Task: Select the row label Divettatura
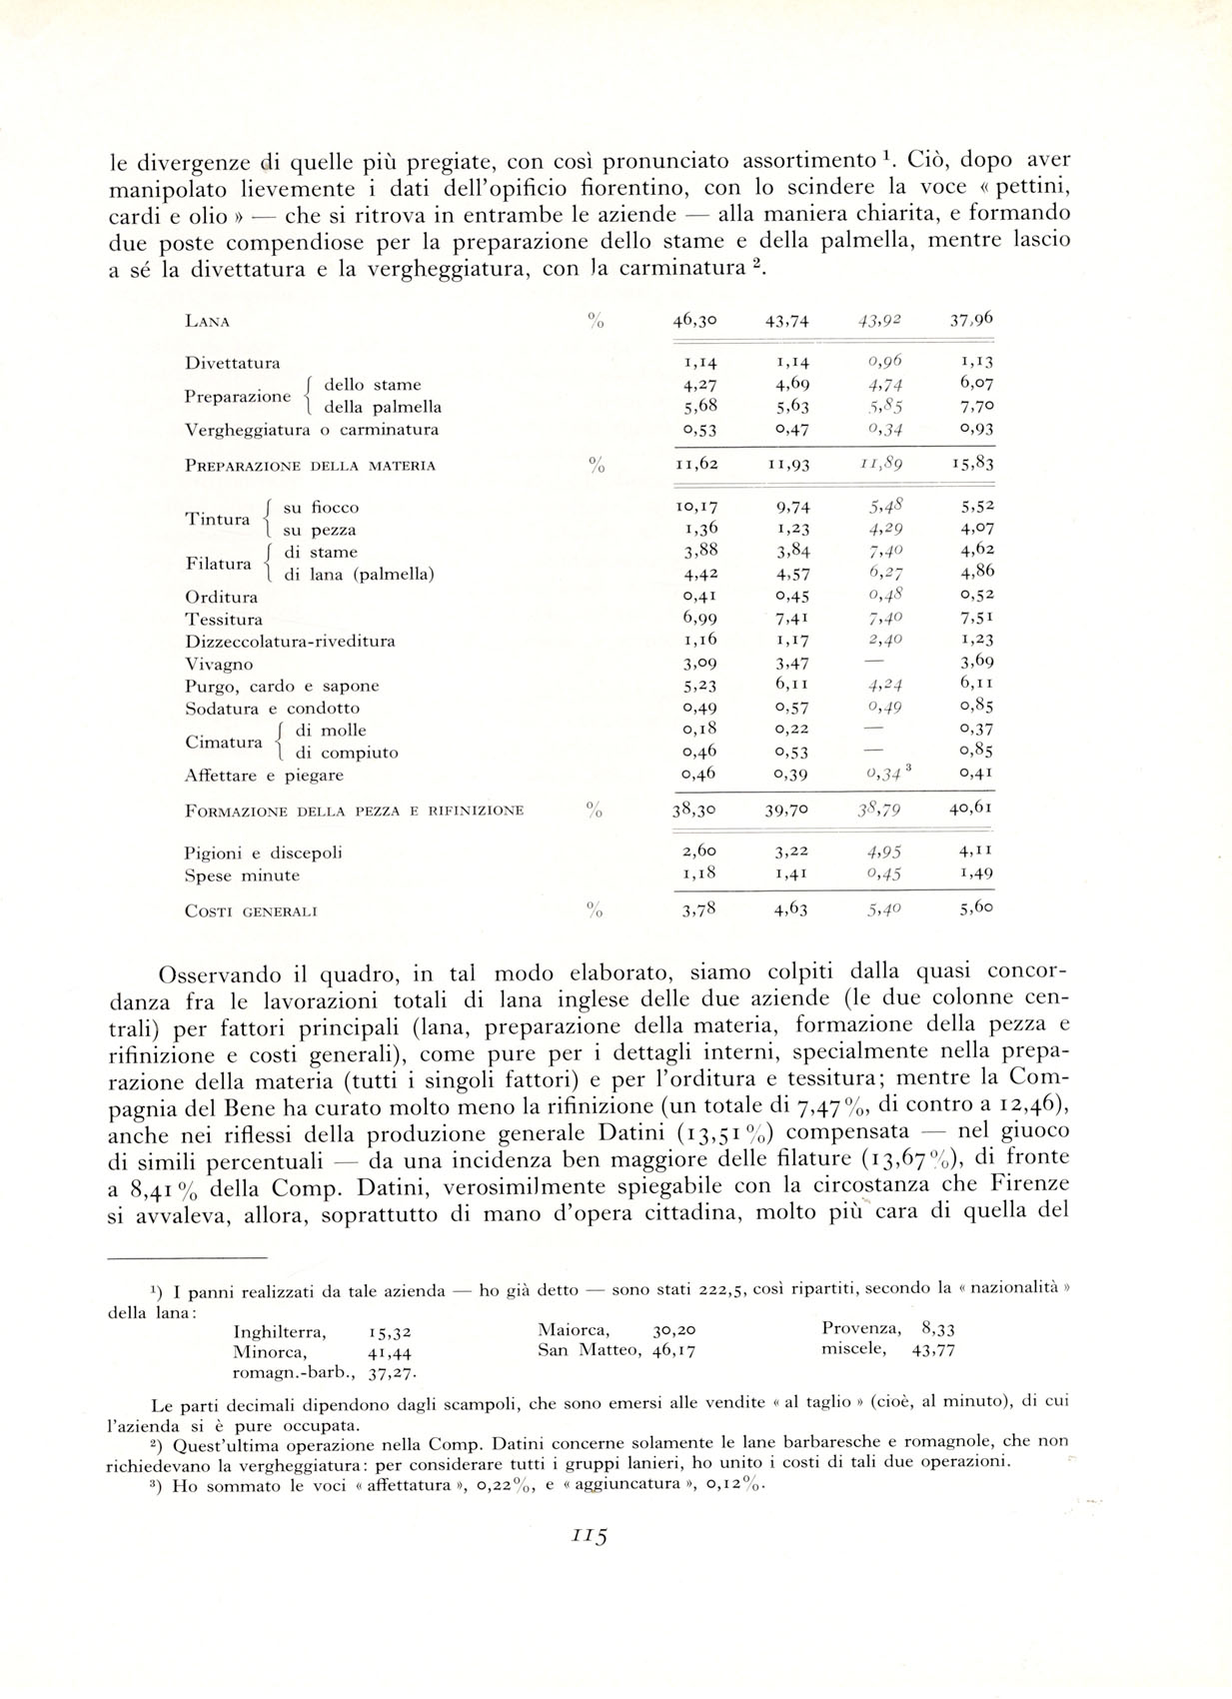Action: click(x=232, y=363)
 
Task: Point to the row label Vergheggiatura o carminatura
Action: click(x=312, y=430)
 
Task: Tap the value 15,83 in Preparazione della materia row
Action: click(x=971, y=464)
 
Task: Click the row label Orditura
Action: click(x=221, y=598)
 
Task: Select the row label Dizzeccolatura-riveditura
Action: click(x=290, y=642)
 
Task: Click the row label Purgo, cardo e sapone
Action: click(x=282, y=687)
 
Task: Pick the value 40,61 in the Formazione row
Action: click(x=971, y=809)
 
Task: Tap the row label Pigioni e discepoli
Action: click(x=264, y=852)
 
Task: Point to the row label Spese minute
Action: click(x=242, y=875)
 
